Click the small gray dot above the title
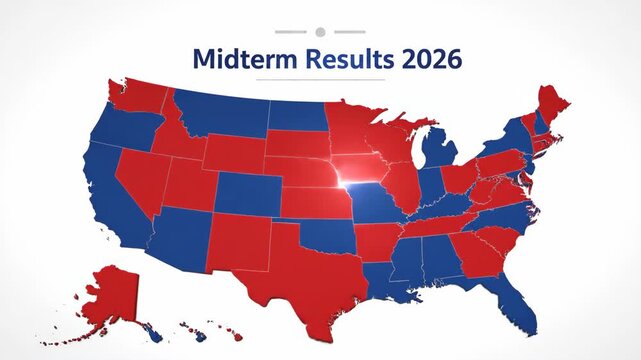pos(320,32)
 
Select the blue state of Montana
pos(220,115)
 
